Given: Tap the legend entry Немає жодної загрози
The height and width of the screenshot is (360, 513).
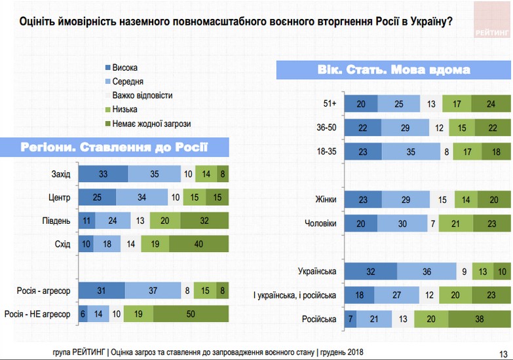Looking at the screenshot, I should click(x=151, y=123).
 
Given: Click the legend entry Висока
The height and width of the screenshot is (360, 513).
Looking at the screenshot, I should click(x=124, y=68).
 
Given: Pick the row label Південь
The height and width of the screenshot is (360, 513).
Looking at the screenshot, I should click(x=54, y=221).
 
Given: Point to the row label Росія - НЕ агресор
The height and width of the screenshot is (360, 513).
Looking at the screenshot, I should click(x=37, y=314).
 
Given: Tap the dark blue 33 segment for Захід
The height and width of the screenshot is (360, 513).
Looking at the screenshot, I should click(x=103, y=173).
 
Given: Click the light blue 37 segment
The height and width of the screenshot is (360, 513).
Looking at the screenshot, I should click(x=153, y=291).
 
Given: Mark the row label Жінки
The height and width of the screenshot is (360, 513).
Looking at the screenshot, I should click(x=325, y=200).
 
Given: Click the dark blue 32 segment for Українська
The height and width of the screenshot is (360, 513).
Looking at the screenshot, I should click(x=370, y=271).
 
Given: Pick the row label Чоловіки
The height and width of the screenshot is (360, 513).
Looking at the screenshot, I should click(x=321, y=223).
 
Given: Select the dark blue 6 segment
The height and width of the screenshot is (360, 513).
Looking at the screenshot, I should click(x=83, y=314).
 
